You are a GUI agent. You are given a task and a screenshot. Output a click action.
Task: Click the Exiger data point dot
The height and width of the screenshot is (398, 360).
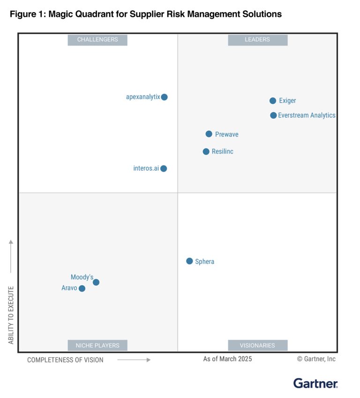pos(273,101)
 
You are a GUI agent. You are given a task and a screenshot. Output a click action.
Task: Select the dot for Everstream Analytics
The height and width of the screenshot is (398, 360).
pos(273,115)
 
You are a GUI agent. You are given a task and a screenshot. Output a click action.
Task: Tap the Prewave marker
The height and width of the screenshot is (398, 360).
pos(209,134)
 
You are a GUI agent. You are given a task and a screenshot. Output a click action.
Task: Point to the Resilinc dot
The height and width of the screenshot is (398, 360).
pos(206,151)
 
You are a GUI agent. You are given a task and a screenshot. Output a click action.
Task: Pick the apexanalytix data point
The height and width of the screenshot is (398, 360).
pos(165,97)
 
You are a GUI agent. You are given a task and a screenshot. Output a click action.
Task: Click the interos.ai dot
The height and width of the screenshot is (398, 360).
pos(164,168)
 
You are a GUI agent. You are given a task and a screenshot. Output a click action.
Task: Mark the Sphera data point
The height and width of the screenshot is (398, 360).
pos(189,261)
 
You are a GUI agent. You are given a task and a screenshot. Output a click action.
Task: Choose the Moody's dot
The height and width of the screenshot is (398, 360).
pos(96,282)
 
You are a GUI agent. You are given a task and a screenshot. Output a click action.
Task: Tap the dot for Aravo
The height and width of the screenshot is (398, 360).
pos(82,288)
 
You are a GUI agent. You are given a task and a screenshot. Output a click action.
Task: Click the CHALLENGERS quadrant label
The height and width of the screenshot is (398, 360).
pos(97,40)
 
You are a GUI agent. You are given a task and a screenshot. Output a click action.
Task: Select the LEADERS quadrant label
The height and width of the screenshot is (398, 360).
pos(257,40)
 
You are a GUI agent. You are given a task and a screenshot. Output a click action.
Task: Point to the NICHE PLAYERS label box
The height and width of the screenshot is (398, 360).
pos(97,345)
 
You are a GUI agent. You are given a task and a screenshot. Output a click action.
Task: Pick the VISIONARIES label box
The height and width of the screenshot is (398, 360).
pos(257,345)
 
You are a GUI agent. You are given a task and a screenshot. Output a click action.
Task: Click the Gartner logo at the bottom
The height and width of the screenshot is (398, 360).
pos(315,383)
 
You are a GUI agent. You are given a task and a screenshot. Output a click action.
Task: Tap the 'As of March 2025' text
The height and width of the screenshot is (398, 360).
pos(227,359)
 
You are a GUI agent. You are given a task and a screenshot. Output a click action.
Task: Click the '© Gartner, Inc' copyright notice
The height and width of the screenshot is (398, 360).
pos(316,359)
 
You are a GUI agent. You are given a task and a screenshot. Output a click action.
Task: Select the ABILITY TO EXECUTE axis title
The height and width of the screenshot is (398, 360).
pos(11,315)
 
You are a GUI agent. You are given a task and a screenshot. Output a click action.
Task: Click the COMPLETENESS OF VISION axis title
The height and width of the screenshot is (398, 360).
pos(65,360)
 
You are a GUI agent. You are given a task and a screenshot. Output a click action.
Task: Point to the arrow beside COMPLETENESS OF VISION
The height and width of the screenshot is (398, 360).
pos(134,360)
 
